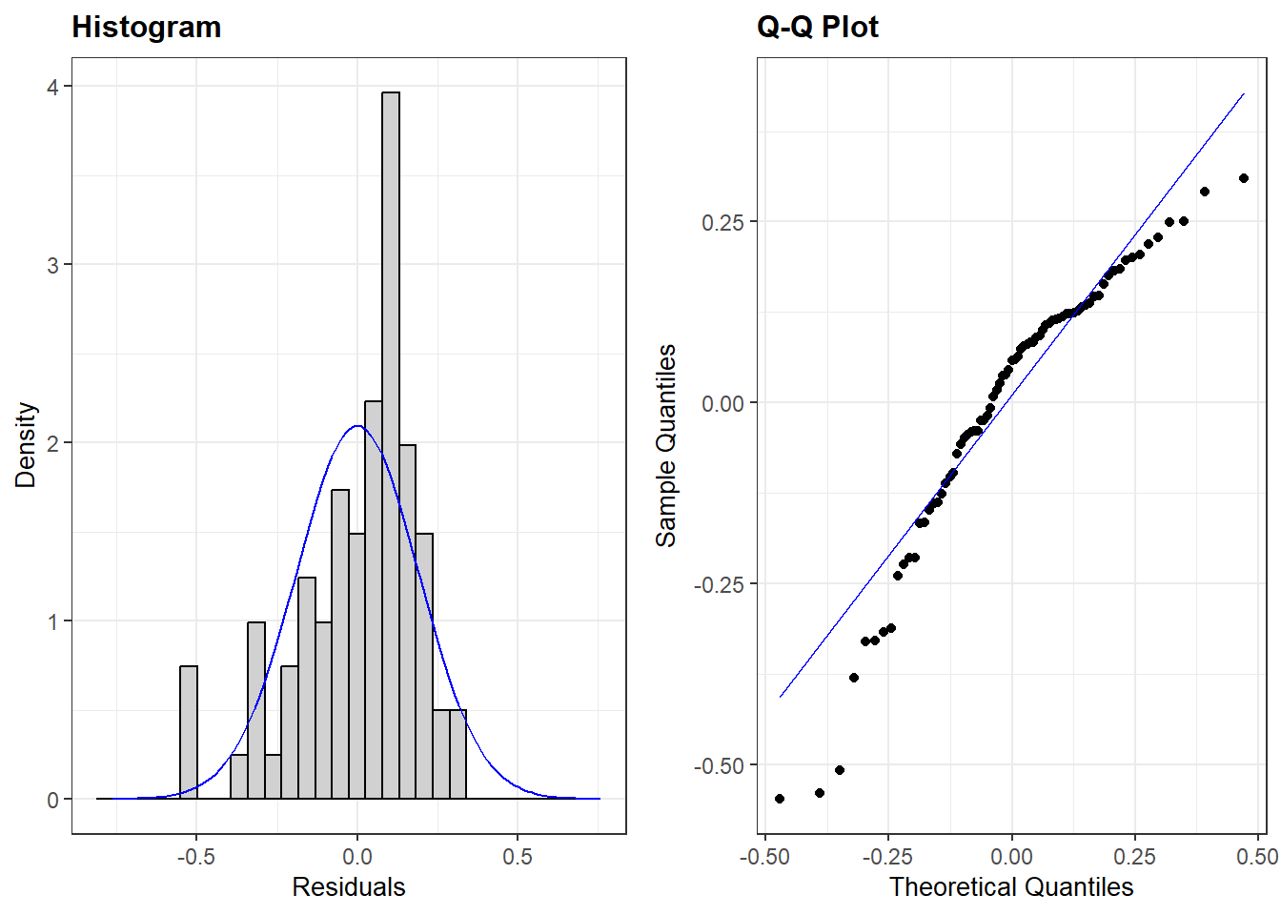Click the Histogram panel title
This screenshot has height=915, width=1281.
click(x=147, y=27)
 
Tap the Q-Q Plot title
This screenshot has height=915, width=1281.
click(x=817, y=27)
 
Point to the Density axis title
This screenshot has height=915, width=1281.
click(x=26, y=445)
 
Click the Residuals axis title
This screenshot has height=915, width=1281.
click(x=349, y=887)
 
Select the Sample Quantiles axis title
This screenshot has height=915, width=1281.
click(x=666, y=445)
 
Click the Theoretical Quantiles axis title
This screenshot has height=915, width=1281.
click(x=1011, y=887)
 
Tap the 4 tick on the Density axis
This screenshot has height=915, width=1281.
click(x=53, y=87)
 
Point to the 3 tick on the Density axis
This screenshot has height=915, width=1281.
click(x=53, y=265)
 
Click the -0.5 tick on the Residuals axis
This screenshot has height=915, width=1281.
click(x=195, y=857)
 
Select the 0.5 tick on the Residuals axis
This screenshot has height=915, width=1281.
click(x=518, y=857)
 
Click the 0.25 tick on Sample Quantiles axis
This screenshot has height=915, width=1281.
click(x=722, y=222)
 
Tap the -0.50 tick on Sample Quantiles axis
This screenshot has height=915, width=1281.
click(x=720, y=765)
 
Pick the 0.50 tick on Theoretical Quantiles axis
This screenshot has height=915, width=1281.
click(x=1257, y=857)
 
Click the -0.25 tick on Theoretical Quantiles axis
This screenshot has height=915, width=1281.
click(x=887, y=857)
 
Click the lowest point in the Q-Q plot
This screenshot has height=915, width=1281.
click(x=780, y=799)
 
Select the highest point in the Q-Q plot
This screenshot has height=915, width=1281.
click(x=1244, y=178)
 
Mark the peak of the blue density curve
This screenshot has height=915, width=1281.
click(x=357, y=426)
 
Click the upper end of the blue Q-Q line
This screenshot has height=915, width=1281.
click(x=1244, y=94)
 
